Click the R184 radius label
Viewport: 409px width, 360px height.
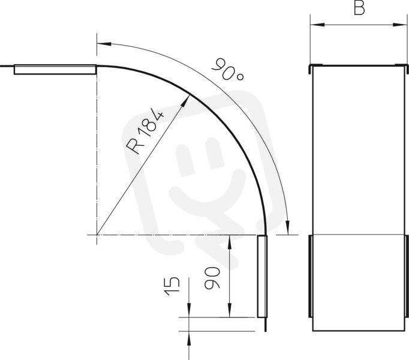coord(145,132)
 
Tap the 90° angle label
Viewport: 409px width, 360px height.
coord(228,70)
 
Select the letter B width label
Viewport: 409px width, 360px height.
coord(359,8)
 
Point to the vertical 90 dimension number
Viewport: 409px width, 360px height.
coord(212,278)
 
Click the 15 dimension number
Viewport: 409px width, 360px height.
coord(172,286)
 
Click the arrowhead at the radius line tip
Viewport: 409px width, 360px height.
coord(185,101)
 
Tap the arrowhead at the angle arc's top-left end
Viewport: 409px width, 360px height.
coord(104,43)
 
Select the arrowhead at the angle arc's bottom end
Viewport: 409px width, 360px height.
coord(287,227)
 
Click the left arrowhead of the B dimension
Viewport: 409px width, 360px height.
coord(317,25)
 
